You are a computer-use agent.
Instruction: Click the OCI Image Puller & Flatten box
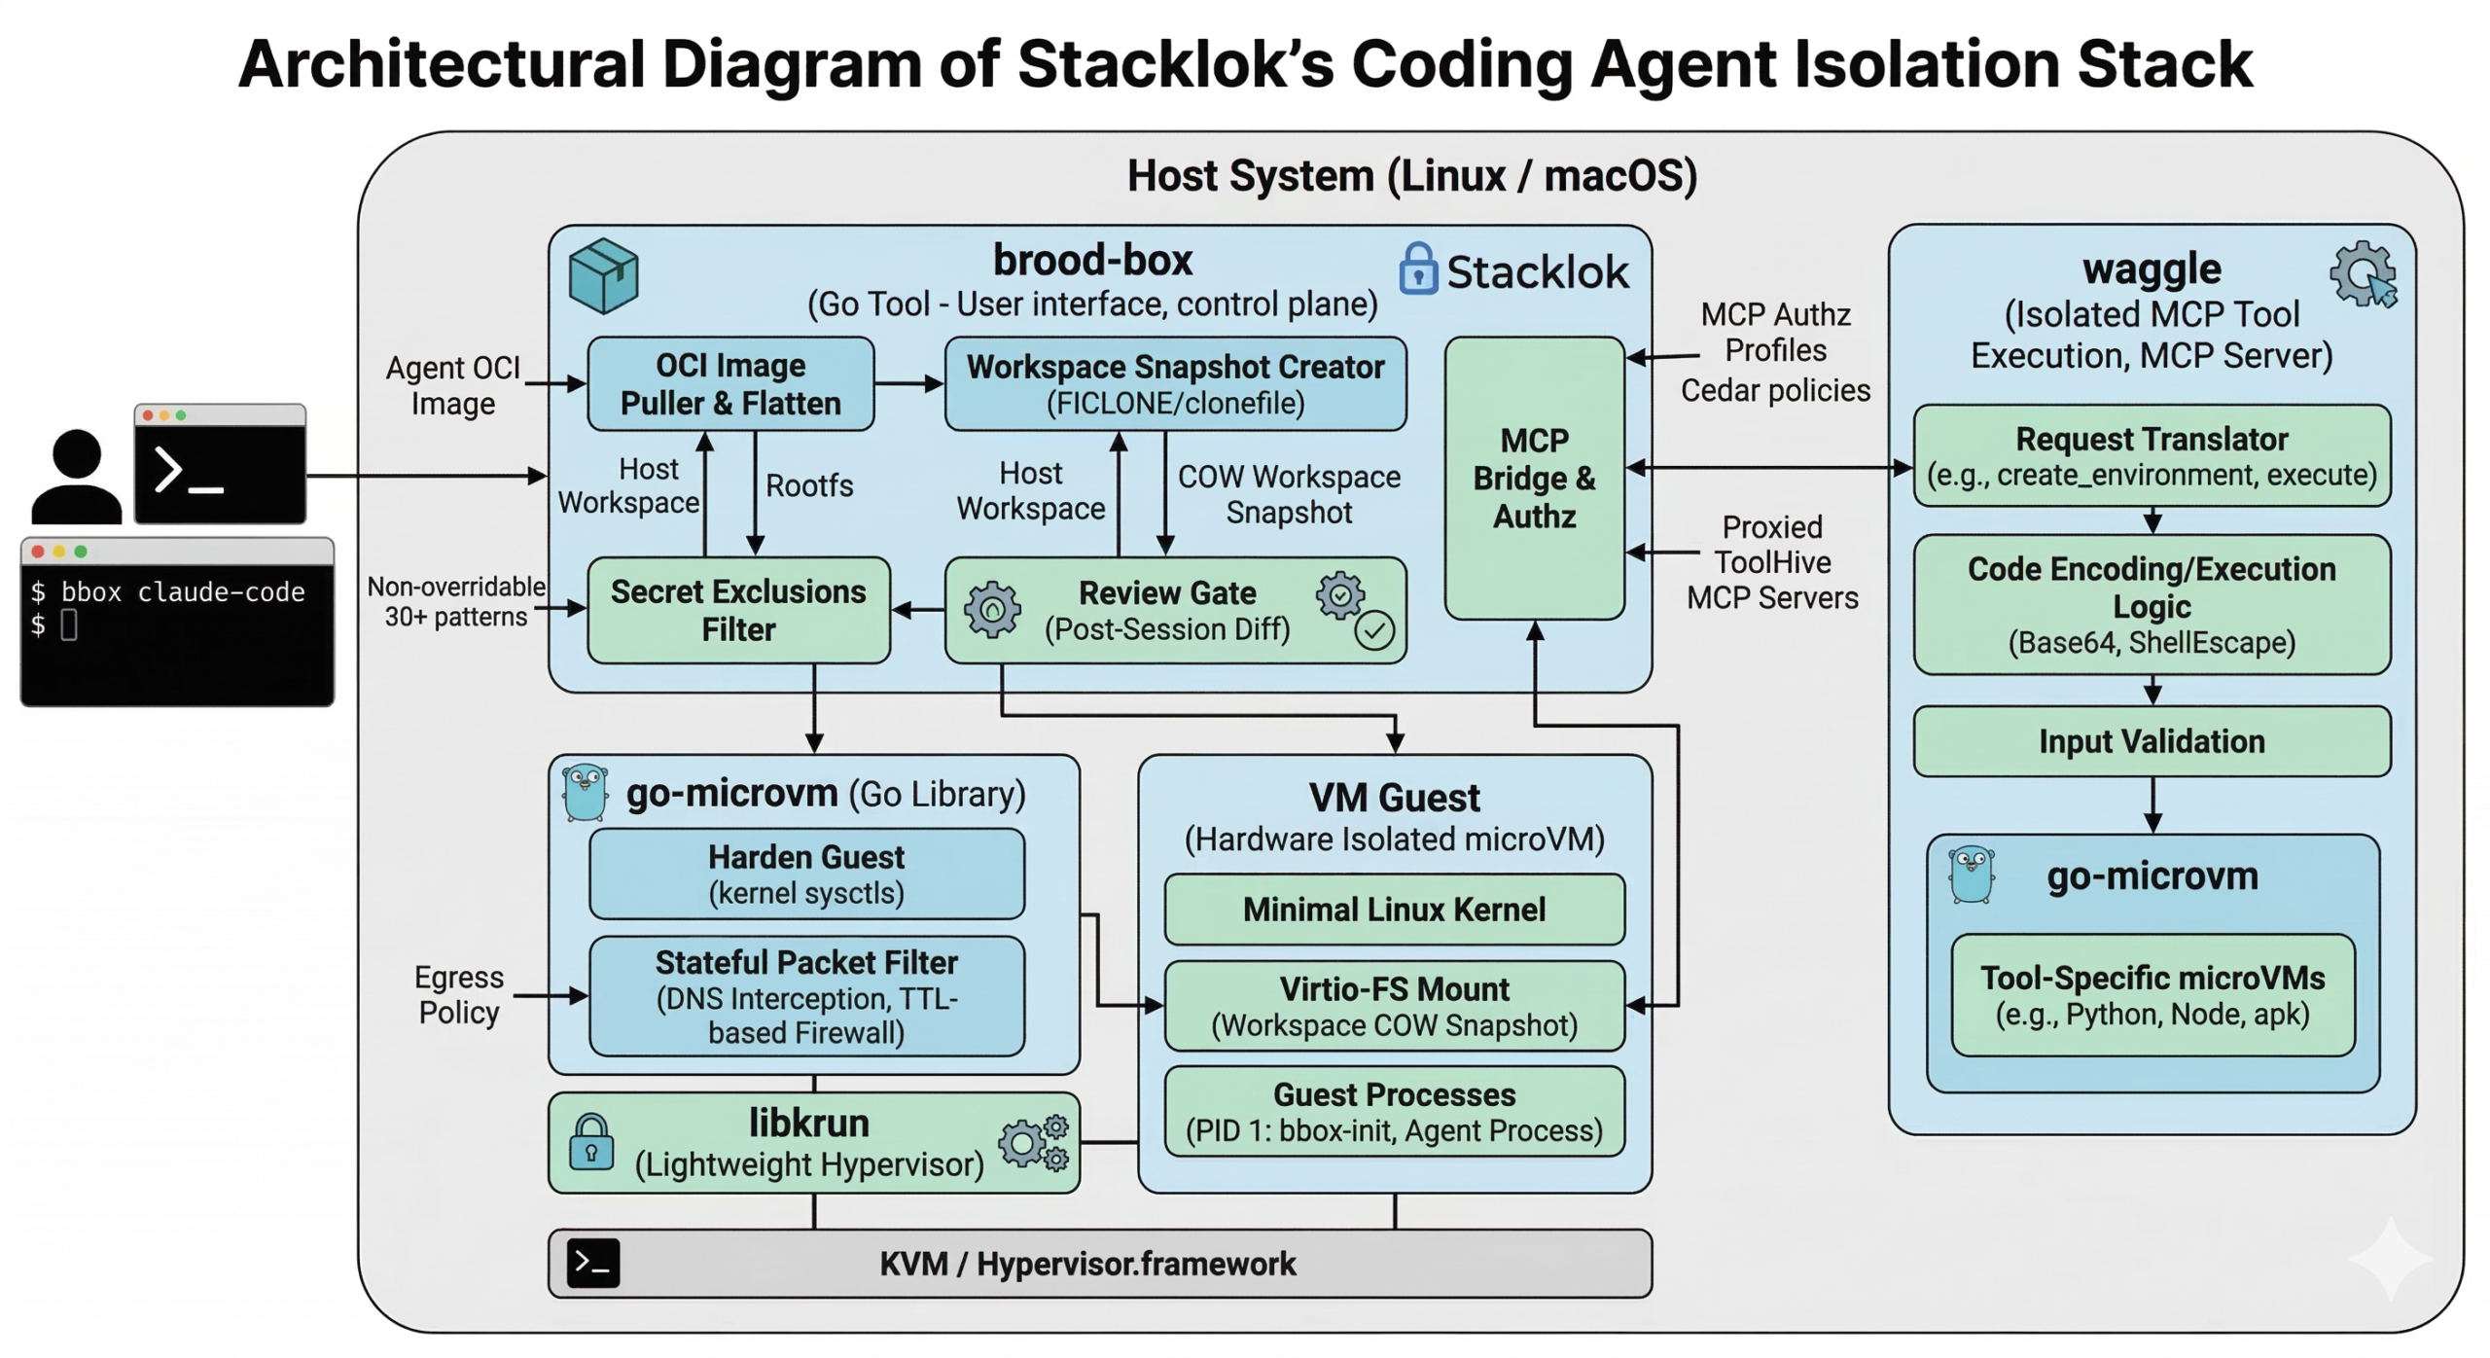pos(729,383)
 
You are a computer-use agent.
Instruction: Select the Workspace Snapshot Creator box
pos(1174,383)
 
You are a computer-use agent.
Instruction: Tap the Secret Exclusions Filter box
pos(737,610)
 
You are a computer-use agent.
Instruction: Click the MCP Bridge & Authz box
pos(1533,478)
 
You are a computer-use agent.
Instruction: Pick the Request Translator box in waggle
pos(2151,455)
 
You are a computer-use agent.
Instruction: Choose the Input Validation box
pos(2151,741)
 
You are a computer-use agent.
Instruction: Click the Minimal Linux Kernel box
pos(1393,909)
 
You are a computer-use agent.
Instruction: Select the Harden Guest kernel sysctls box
pos(805,874)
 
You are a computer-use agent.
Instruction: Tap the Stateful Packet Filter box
pos(805,995)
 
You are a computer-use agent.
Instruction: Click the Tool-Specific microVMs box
pos(2151,994)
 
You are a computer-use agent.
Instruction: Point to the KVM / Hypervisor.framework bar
pos(1099,1263)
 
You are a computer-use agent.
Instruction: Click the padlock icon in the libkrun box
pos(590,1142)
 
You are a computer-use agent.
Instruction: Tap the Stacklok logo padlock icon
pos(1417,268)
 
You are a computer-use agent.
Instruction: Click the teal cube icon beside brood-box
pos(603,275)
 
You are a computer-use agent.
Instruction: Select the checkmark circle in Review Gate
pos(1373,630)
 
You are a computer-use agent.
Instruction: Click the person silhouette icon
pos(75,478)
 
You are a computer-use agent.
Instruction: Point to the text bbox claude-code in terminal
pos(182,591)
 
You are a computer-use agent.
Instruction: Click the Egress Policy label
pos(458,994)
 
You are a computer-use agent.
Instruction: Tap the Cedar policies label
pos(1774,390)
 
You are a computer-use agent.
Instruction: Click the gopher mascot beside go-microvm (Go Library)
pos(585,793)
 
